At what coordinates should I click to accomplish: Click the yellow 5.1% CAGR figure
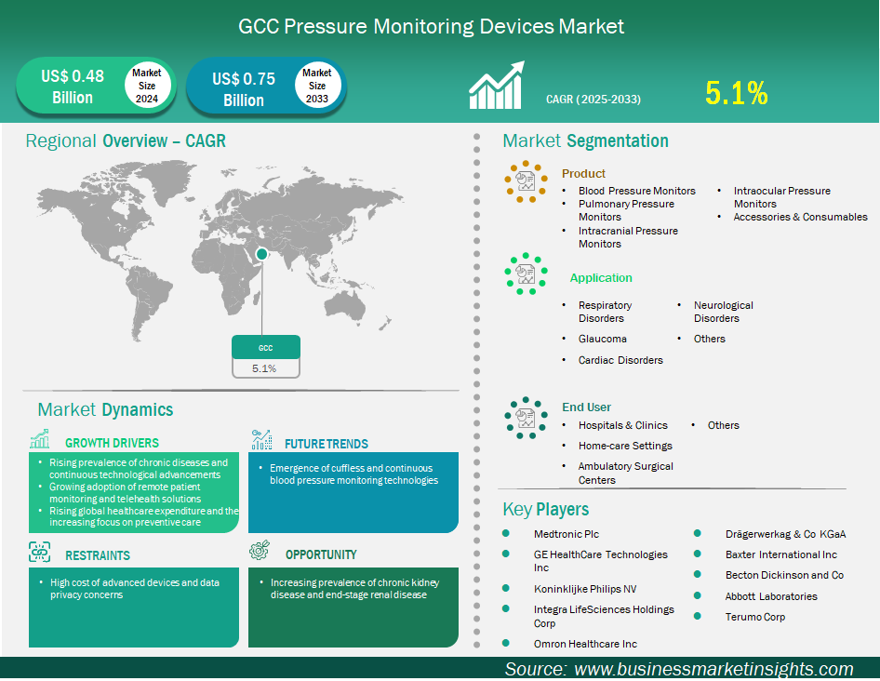(x=737, y=93)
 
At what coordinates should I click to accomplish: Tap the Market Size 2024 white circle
(x=147, y=86)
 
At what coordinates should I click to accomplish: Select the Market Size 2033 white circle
(x=317, y=86)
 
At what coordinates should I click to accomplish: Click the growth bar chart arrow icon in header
(x=497, y=85)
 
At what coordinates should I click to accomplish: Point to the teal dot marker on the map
(x=261, y=254)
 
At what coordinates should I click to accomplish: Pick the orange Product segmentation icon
(x=526, y=181)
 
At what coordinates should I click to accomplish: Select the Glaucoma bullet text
(x=602, y=339)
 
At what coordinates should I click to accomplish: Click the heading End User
(x=586, y=407)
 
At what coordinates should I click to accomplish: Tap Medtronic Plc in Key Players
(x=567, y=534)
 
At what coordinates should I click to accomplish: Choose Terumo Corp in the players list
(x=754, y=617)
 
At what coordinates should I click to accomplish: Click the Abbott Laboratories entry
(x=771, y=596)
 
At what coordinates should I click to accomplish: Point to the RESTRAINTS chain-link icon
(x=39, y=552)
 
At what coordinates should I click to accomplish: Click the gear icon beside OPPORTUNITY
(x=260, y=550)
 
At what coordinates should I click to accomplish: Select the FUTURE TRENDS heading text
(x=327, y=444)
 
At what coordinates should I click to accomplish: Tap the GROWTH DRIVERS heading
(x=112, y=443)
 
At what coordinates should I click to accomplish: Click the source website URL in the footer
(x=713, y=669)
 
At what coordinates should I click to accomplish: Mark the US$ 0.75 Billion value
(x=244, y=89)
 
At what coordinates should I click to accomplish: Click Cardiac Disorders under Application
(x=620, y=360)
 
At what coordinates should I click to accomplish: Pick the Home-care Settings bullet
(x=625, y=446)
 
